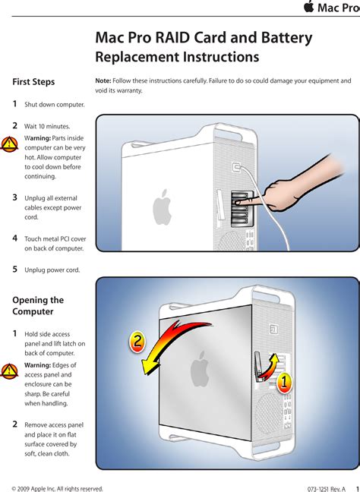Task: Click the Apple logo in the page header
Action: (x=309, y=6)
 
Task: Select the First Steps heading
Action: (x=33, y=82)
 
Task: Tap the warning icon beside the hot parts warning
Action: (x=9, y=144)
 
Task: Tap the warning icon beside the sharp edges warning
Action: (x=9, y=371)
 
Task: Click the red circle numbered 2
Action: (x=137, y=342)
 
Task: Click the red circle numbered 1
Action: (x=284, y=383)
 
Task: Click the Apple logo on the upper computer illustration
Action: (x=162, y=207)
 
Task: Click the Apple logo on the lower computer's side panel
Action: (x=200, y=369)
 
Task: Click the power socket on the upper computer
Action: (x=237, y=167)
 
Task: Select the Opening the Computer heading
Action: (x=38, y=306)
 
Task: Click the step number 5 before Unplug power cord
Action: (x=14, y=270)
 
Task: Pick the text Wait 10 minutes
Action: (x=47, y=127)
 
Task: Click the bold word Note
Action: (x=103, y=80)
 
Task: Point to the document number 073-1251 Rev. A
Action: (x=327, y=489)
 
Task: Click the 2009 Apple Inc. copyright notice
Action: (x=58, y=489)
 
